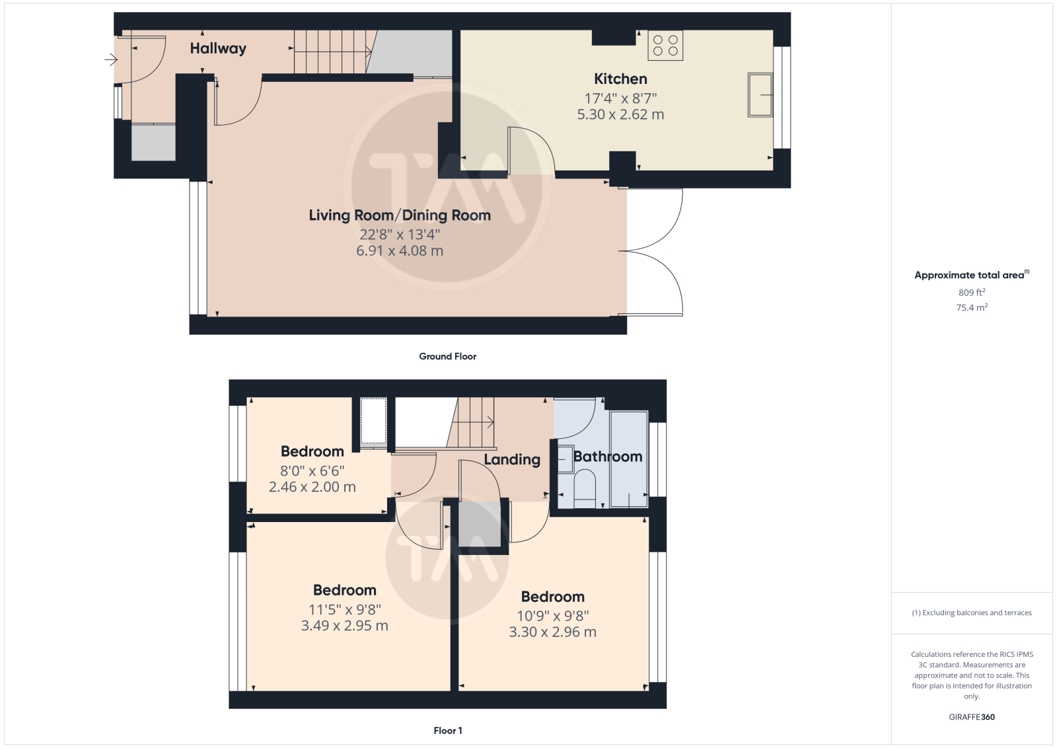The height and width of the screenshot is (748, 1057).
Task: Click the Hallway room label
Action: pos(218,48)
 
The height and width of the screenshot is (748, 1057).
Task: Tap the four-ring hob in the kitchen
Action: pos(665,46)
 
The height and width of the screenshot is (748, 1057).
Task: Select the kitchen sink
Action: pos(760,95)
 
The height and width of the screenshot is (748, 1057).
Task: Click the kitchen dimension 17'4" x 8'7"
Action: pos(620,98)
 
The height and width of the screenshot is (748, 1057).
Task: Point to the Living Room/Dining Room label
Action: pos(400,215)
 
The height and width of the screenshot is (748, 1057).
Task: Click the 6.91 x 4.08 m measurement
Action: pos(400,250)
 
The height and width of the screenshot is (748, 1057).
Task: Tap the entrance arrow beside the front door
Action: pos(111,60)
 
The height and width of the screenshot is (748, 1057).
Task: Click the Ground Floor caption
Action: pos(448,356)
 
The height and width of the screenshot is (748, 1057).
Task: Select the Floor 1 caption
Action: pos(448,731)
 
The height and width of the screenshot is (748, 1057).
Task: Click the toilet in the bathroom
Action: pos(585,488)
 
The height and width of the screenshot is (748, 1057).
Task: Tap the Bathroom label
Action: pos(608,457)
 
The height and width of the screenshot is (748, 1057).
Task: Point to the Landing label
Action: pos(512,459)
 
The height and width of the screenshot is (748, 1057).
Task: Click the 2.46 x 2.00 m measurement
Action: pos(312,486)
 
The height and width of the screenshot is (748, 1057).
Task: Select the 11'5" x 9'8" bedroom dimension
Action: pos(345,609)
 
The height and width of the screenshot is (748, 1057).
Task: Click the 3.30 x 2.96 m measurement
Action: pos(552,632)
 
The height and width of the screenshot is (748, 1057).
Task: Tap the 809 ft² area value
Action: pos(972,292)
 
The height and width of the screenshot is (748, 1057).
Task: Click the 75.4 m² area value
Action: pos(972,307)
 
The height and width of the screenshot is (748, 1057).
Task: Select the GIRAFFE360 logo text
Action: pos(972,717)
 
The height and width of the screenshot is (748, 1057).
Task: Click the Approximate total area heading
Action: pos(972,275)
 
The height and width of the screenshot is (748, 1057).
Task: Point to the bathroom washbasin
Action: pos(565,459)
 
